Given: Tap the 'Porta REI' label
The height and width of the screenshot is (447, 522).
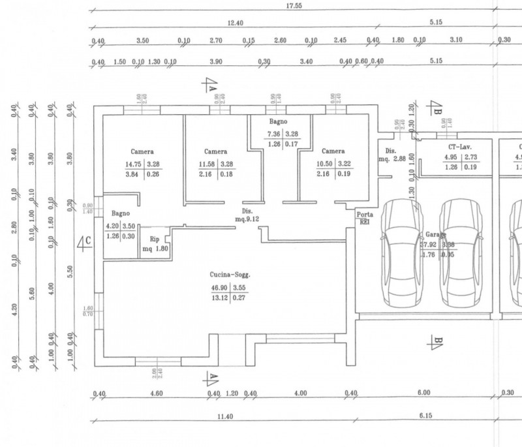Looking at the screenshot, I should click(x=364, y=218).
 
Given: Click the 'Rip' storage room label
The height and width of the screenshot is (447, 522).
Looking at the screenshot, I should click(x=155, y=239).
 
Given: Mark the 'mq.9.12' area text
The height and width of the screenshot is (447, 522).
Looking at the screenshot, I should click(x=247, y=219).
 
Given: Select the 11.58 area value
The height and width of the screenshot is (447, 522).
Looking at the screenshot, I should click(x=206, y=164).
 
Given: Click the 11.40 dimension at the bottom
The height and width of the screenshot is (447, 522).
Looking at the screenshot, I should click(x=224, y=416).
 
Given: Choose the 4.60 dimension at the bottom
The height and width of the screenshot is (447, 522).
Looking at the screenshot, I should click(x=156, y=393).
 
